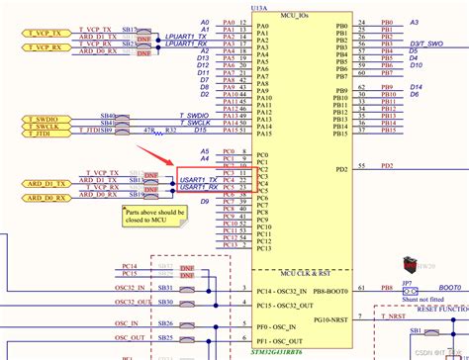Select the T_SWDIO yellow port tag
[32, 120]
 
